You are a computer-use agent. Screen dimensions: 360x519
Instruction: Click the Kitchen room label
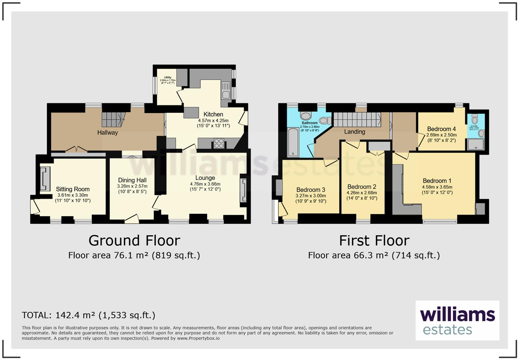coord(213,114)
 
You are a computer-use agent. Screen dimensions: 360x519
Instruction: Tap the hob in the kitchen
coord(219,143)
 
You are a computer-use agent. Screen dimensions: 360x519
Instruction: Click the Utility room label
coord(168,78)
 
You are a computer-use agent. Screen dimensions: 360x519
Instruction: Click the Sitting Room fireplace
coord(45,179)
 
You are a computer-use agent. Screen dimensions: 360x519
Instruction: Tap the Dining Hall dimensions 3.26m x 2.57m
coord(132,186)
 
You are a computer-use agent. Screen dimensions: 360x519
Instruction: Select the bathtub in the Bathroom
coord(293,142)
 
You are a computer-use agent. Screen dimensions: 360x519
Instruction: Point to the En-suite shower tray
coord(476,145)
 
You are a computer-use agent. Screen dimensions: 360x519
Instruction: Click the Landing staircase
coord(357,120)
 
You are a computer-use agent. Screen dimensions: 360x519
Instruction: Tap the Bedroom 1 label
coord(437,181)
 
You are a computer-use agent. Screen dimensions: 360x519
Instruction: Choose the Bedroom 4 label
coord(441,129)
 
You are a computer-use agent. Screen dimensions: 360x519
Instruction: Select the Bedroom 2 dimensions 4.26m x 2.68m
coord(362,193)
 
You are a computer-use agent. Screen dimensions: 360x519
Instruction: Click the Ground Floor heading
coord(134,240)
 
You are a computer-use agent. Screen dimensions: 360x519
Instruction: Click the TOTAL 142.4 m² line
coord(89,315)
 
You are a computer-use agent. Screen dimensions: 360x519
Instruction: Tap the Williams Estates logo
coord(457,320)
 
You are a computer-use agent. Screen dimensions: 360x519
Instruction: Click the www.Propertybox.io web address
coord(198,338)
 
